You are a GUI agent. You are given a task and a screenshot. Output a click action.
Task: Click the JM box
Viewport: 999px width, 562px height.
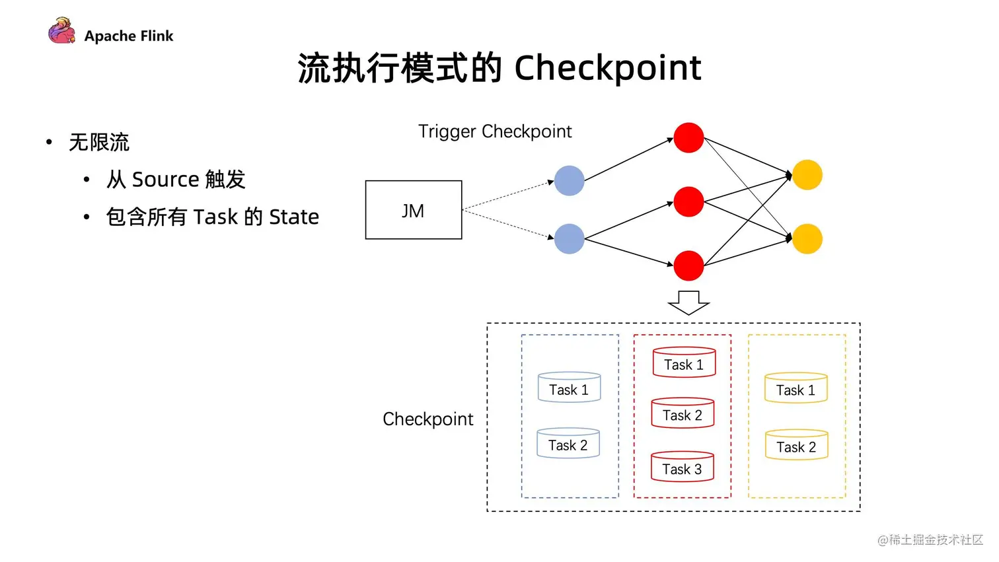point(413,210)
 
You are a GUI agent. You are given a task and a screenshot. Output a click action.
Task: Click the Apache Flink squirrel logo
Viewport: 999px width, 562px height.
point(61,32)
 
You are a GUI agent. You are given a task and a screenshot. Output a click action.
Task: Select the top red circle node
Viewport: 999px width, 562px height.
point(688,138)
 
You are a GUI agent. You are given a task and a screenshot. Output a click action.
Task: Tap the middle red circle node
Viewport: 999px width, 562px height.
point(688,201)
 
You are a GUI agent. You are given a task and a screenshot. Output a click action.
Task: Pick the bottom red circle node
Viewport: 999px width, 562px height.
point(688,265)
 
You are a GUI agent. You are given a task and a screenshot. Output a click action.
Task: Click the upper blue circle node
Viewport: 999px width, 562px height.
point(569,181)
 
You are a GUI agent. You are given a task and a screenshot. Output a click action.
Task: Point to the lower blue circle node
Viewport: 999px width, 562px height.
point(569,239)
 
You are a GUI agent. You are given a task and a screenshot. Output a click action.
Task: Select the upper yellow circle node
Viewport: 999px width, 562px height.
point(807,175)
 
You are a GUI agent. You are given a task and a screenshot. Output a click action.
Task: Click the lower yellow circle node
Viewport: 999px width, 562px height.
point(807,239)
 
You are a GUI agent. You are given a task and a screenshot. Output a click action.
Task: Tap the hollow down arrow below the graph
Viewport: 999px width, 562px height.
point(688,302)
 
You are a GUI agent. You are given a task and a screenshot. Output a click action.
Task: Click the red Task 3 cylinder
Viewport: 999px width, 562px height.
point(683,467)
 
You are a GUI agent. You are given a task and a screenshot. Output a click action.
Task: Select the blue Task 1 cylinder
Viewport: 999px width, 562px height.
point(569,388)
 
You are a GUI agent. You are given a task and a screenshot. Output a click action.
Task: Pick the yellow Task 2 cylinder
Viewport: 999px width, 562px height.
point(796,445)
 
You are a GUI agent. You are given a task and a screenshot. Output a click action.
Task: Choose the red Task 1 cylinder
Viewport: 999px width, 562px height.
point(684,363)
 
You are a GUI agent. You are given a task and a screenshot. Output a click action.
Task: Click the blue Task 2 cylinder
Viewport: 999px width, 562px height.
point(568,443)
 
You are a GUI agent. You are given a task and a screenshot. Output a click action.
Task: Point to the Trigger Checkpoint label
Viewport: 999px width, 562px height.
point(495,131)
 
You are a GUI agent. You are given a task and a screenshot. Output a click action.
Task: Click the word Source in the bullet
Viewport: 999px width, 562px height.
point(165,180)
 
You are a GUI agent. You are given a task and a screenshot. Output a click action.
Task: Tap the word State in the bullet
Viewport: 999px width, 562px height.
point(294,217)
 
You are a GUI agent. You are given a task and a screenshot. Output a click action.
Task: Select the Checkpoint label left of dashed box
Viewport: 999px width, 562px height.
point(428,419)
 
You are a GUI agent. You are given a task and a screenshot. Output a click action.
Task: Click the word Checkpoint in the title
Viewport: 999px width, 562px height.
point(607,68)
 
